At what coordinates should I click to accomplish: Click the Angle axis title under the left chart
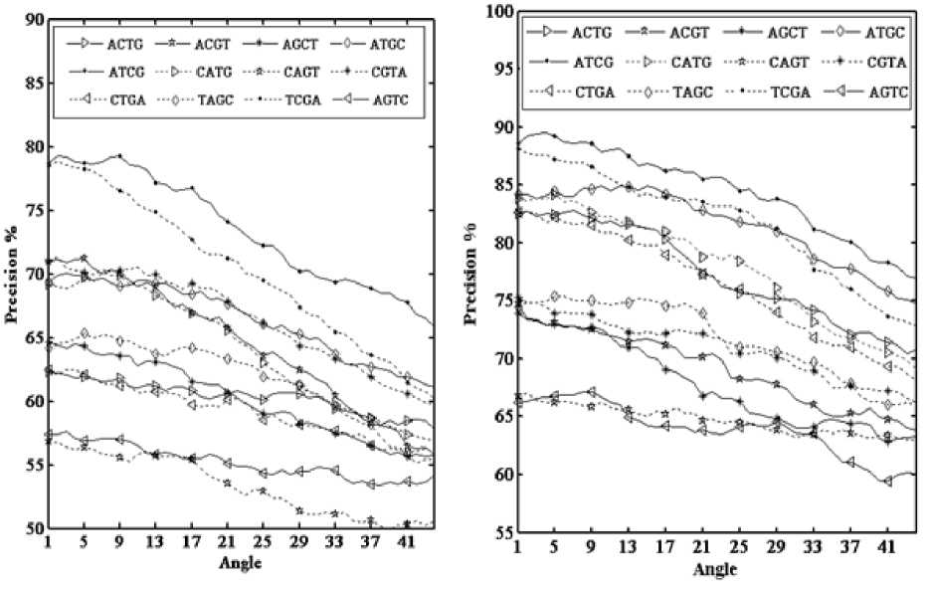[x=243, y=563]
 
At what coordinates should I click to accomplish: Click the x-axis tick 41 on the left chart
[x=407, y=544]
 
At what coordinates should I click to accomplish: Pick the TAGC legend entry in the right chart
[x=708, y=93]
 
